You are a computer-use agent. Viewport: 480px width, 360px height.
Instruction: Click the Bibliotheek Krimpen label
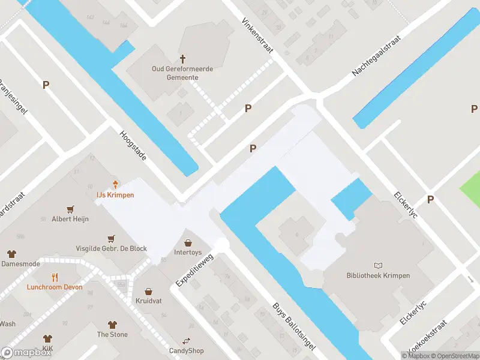[x=378, y=275]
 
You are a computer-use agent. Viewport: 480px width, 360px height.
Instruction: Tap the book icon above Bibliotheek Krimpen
[x=378, y=265]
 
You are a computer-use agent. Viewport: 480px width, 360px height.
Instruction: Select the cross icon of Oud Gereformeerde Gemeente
[x=182, y=59]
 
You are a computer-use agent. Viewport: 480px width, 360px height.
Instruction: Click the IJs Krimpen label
[x=115, y=195]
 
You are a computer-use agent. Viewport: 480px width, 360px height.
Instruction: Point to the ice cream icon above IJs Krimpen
[x=115, y=185]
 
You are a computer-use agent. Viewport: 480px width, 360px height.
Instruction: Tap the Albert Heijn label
[x=70, y=219]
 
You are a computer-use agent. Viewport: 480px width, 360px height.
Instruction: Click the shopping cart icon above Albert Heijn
[x=71, y=209]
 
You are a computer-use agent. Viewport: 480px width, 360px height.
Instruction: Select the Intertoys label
[x=188, y=253]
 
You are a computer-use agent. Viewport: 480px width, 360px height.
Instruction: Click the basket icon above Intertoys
[x=188, y=243]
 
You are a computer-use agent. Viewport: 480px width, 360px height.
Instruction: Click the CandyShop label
[x=186, y=351]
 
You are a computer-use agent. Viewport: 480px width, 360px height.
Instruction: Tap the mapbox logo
[x=26, y=353]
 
